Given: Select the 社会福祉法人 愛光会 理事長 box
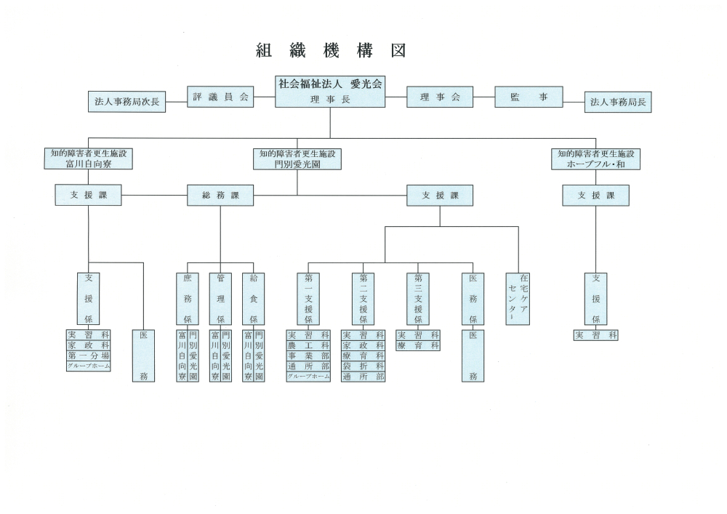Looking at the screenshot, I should (x=330, y=92).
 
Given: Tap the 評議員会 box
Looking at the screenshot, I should (x=221, y=97).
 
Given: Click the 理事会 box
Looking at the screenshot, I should (x=440, y=97).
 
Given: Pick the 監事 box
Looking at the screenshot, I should (x=529, y=97).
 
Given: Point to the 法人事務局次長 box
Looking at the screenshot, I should (x=126, y=103).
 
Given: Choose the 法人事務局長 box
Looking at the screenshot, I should (x=618, y=103).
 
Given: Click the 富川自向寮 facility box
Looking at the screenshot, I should (x=89, y=159).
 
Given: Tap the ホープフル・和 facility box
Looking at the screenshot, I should (x=596, y=159).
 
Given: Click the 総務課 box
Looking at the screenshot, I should (x=220, y=195).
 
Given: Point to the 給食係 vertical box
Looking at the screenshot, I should (x=253, y=299).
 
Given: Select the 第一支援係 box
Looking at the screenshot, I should (x=308, y=299).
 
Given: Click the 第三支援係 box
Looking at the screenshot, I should (x=418, y=299).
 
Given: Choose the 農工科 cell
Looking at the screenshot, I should (x=308, y=345).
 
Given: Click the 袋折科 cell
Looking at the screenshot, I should (x=363, y=366).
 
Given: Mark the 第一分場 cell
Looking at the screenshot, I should (x=89, y=356).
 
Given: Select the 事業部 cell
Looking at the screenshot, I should (x=308, y=356).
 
